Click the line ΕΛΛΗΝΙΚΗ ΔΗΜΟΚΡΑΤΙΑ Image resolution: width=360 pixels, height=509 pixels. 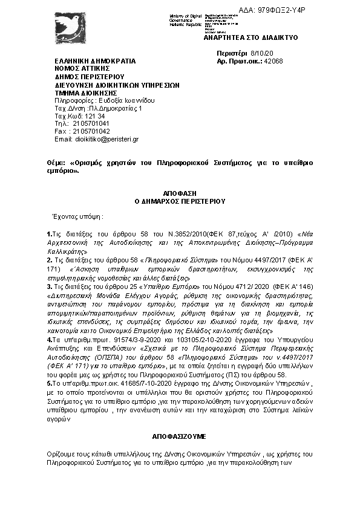(95, 62)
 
